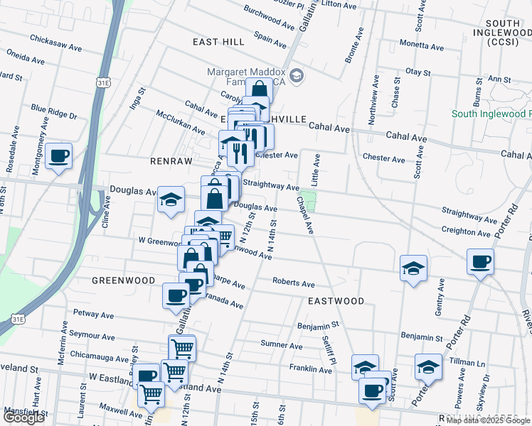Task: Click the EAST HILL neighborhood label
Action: [x=218, y=43]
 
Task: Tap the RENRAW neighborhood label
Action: [x=171, y=161]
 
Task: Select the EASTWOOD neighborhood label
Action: [x=336, y=301]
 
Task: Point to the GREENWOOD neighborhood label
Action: [x=124, y=280]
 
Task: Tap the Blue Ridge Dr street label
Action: [x=53, y=111]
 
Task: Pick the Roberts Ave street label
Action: [x=293, y=283]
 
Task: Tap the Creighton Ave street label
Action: [x=466, y=231]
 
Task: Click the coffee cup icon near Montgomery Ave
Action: [x=59, y=155]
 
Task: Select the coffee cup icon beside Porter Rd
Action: [x=480, y=262]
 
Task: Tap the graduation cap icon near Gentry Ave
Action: [x=413, y=268]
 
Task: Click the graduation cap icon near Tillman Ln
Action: [x=428, y=367]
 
